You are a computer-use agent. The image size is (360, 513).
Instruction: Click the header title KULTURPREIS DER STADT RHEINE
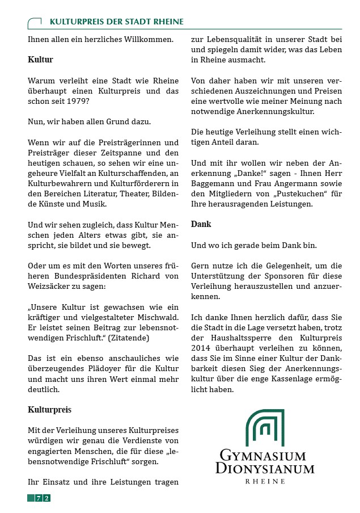coord(116,22)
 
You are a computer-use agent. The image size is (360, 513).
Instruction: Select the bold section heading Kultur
coord(40,58)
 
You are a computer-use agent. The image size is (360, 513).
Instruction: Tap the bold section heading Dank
coord(201,224)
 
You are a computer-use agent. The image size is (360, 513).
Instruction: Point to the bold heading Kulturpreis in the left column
coord(49,409)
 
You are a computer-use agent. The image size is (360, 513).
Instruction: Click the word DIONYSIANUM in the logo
coord(265,469)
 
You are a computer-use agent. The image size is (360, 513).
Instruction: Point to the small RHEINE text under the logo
coord(265,481)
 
